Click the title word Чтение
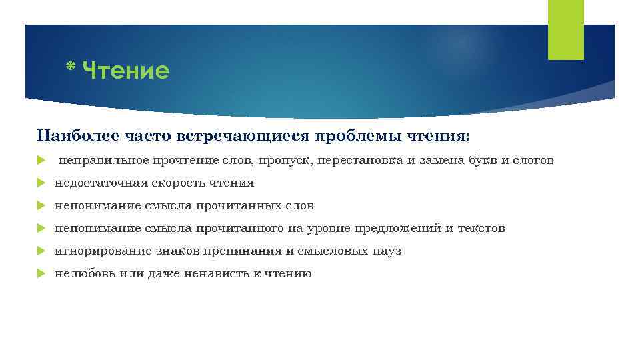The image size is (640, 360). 127,70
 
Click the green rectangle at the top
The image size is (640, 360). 565,29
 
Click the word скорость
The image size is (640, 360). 177,183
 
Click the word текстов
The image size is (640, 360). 481,229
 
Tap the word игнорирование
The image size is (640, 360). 95,251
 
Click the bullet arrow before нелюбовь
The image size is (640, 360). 41,274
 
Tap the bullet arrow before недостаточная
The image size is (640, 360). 41,183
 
